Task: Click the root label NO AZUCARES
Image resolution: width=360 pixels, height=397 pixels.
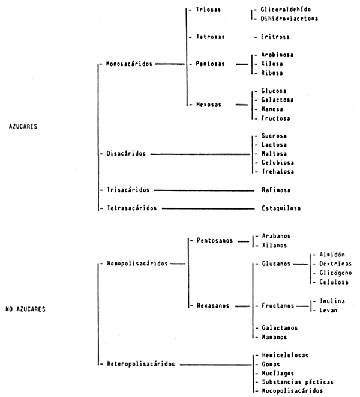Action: point(28,310)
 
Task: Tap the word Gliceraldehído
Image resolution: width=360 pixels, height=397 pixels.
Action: point(286,10)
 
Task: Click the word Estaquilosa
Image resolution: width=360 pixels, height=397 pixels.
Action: point(281,208)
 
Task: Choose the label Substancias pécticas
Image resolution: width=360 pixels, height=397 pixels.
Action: point(297,381)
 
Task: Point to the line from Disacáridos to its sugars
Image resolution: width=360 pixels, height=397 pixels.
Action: point(201,154)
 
